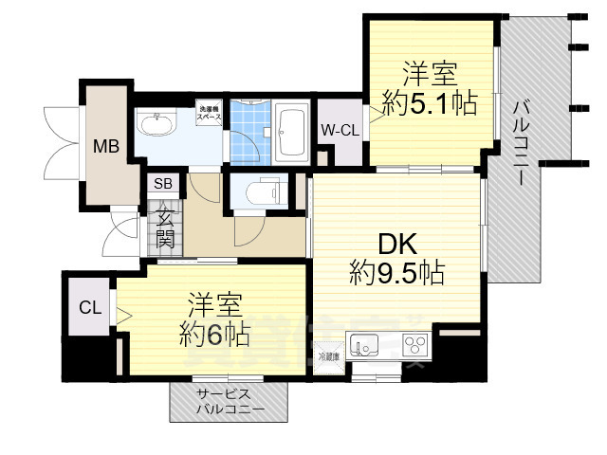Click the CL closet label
(89, 307)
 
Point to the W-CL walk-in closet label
(339, 130)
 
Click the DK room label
(395, 244)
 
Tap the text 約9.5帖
(396, 274)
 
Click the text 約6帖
(214, 334)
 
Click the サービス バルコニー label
(226, 403)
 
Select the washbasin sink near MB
(157, 123)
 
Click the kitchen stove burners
(414, 343)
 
